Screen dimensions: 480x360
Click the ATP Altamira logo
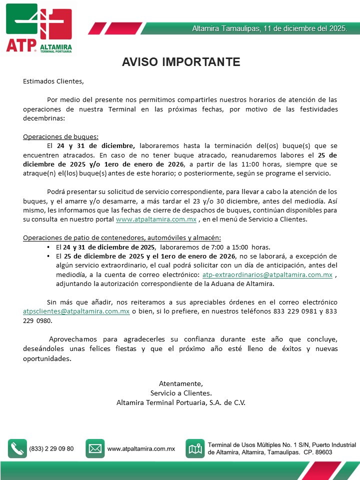(39, 28)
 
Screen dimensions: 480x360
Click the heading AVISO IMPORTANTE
(181, 61)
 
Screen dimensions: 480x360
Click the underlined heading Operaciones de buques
(61, 136)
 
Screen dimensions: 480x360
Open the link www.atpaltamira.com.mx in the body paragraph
(156, 219)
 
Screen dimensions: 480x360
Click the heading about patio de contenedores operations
(122, 237)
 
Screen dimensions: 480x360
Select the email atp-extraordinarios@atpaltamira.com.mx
(267, 275)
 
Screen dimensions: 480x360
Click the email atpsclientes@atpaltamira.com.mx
(76, 311)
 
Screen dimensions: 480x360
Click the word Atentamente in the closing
(180, 383)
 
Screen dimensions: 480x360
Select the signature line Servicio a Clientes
(181, 392)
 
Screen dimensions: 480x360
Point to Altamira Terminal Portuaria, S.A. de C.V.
(181, 401)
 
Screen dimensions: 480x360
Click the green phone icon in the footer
(17, 448)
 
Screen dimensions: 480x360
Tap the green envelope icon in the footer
(95, 448)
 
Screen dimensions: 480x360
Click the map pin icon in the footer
(195, 448)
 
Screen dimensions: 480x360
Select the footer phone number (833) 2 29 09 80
(51, 448)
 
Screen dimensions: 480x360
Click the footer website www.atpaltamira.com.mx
(141, 448)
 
